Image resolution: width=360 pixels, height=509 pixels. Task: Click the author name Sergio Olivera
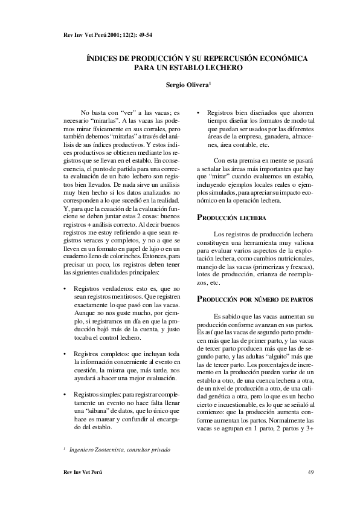click(x=187, y=85)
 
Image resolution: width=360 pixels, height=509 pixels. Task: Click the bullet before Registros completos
click(x=65, y=352)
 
